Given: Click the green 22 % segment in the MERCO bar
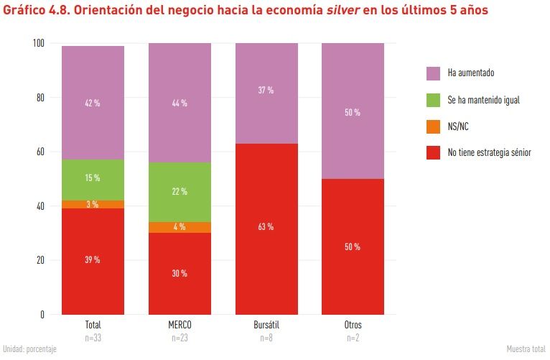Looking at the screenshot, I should (x=180, y=192).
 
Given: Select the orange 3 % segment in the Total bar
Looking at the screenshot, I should (x=93, y=204).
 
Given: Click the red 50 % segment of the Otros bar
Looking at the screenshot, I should (x=353, y=246).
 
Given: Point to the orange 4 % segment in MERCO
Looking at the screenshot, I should (x=180, y=228).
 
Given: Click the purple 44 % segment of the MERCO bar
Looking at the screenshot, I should (x=180, y=103).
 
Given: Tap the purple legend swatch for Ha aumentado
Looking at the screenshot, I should (x=433, y=73).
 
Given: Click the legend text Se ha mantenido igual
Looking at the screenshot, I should (x=483, y=100).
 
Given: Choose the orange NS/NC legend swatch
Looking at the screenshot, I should (x=433, y=126).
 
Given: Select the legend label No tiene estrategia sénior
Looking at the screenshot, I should (x=489, y=152).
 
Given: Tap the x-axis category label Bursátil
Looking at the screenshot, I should (x=266, y=326).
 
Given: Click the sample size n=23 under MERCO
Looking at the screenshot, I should (x=180, y=337).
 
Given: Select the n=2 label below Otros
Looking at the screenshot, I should (x=353, y=337).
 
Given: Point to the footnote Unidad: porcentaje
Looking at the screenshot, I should (x=29, y=349).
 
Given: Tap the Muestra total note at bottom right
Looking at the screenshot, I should (x=526, y=349).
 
